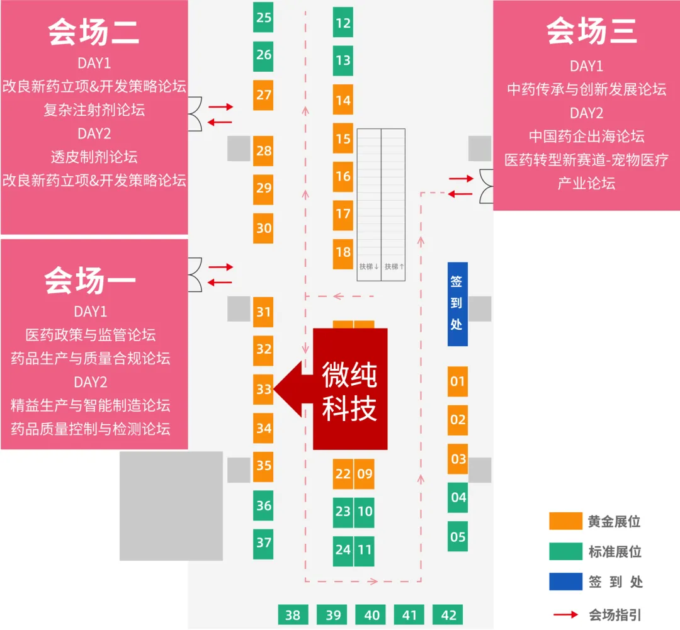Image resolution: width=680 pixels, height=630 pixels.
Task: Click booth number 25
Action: (x=263, y=17)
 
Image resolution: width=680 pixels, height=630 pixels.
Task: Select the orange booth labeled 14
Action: (x=343, y=100)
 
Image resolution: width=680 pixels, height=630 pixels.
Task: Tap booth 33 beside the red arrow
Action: (x=263, y=390)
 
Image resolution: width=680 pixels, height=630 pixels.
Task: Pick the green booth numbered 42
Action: (x=448, y=615)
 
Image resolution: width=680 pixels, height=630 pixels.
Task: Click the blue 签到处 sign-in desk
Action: (x=457, y=304)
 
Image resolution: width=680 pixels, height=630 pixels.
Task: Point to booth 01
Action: (x=458, y=381)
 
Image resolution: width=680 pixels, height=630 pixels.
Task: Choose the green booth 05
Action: (x=458, y=537)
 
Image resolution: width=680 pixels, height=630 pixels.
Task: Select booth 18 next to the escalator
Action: (x=343, y=252)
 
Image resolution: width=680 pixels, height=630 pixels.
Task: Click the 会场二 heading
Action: (x=94, y=33)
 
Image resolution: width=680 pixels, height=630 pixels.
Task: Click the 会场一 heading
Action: (x=90, y=280)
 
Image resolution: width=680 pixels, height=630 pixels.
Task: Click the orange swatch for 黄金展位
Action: (x=565, y=521)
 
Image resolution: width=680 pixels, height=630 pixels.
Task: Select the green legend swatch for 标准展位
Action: (x=565, y=551)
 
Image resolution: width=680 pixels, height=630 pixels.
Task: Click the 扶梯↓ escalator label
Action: (x=369, y=267)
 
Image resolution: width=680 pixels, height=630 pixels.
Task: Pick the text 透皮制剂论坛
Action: (x=94, y=157)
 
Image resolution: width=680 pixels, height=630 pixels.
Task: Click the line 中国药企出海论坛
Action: (x=586, y=137)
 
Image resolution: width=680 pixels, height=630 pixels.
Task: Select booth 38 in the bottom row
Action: (x=293, y=615)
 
